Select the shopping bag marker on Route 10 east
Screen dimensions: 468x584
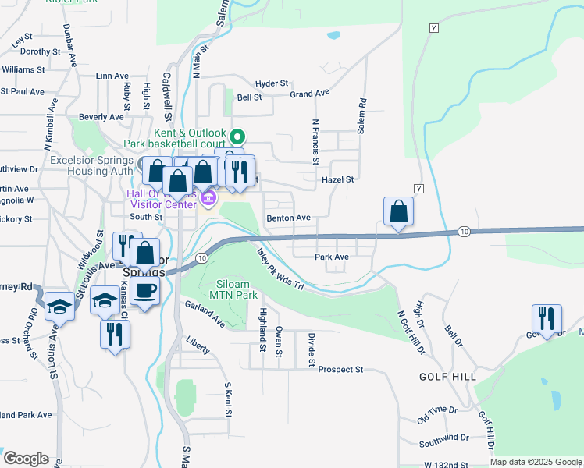(398, 212)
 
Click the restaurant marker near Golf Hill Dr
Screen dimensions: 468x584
(546, 319)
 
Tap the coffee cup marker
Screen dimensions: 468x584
(146, 292)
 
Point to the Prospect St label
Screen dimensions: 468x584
(341, 369)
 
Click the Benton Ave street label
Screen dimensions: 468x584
(288, 218)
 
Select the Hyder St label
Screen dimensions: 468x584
(272, 83)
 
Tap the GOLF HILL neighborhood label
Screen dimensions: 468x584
(447, 376)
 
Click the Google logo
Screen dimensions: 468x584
(26, 459)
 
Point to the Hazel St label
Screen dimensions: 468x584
(338, 179)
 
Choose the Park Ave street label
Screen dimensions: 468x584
(331, 257)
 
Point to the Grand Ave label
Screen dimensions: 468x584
(310, 94)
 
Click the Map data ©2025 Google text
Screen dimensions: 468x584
(535, 462)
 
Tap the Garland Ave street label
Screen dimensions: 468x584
(205, 317)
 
